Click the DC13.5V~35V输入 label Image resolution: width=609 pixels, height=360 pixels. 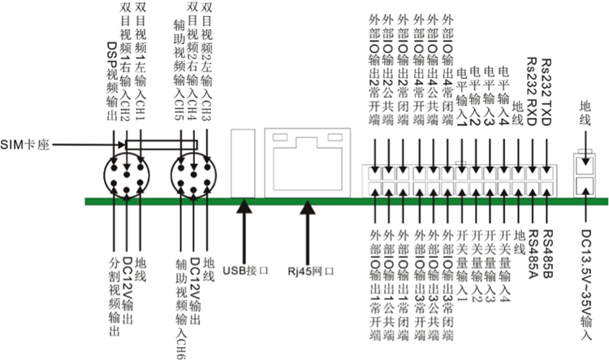point(585,280)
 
